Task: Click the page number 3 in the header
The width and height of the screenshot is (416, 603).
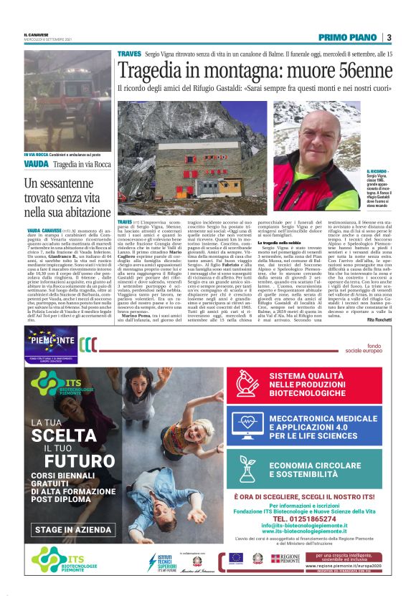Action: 389,37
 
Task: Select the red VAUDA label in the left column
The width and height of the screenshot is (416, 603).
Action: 37,163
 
